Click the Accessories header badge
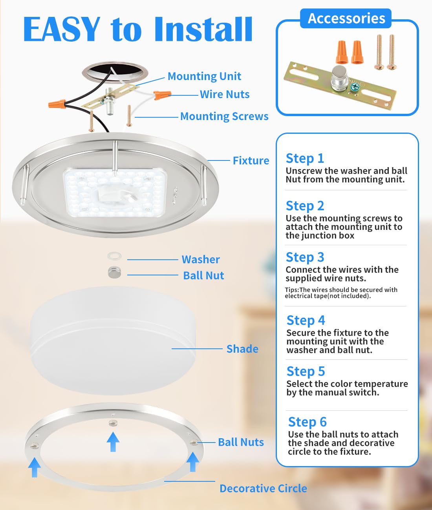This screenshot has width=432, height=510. pos(346,18)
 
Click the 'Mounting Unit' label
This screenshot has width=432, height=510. pos(204,76)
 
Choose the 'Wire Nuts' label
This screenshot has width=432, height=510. pos(225,94)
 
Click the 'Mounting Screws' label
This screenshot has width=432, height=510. pos(224,116)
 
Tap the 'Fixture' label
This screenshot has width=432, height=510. pos(251,160)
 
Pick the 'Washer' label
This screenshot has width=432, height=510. pos(201,259)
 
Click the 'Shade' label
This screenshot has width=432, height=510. pos(242,349)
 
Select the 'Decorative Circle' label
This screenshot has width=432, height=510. pos(263,488)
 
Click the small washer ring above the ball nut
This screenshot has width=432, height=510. pos(114,256)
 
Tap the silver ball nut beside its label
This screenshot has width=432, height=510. pos(115,272)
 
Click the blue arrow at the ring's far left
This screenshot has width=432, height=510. pos(35,466)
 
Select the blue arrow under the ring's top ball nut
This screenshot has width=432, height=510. pos(113,441)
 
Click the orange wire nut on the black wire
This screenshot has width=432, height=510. pos(57,104)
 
